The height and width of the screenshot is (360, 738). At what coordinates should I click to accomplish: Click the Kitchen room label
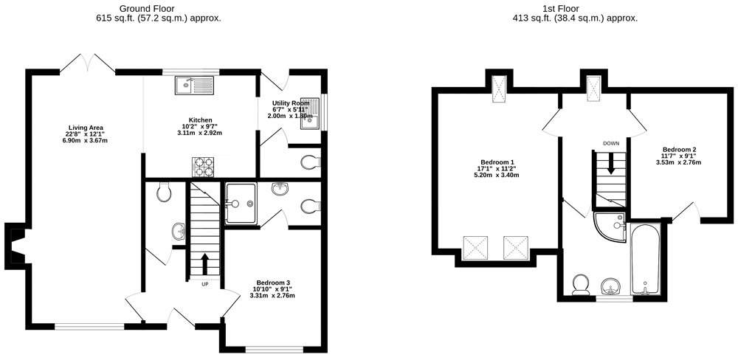point(196,120)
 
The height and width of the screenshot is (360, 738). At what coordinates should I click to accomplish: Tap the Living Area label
point(86,128)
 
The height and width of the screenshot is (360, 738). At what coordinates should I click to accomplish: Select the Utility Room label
point(291,103)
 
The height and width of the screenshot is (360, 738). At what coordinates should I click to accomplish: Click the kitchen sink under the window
point(194,85)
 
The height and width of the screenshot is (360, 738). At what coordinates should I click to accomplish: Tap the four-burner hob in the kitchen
point(203,167)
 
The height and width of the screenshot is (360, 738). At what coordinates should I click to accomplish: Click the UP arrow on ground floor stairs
point(204,265)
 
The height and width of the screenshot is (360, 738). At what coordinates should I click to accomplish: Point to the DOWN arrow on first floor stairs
point(611,165)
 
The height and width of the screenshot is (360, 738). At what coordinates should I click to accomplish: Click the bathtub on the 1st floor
point(645,259)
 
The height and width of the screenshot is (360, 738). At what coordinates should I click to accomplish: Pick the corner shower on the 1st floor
point(610,226)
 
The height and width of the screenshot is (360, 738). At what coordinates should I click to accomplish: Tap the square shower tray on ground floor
point(241,204)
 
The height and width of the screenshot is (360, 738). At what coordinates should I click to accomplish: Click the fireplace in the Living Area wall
point(15,246)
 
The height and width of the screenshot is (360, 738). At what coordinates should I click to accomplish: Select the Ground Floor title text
point(140,8)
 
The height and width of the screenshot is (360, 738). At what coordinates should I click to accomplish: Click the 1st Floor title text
point(567,8)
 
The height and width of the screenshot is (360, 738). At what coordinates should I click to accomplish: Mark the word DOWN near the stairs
point(611,143)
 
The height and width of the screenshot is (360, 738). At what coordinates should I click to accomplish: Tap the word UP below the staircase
point(204,284)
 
